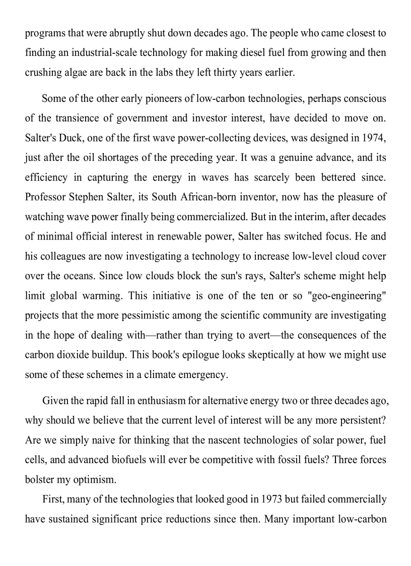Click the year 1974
pyautogui.click(x=375, y=138)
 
